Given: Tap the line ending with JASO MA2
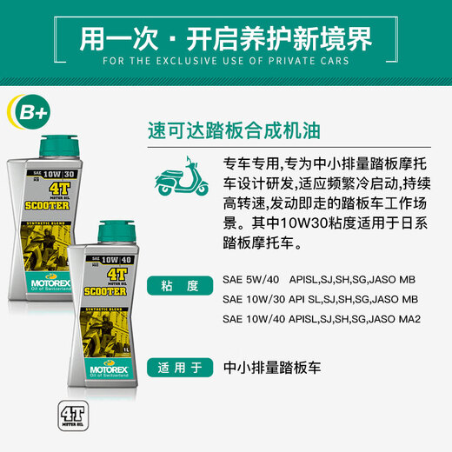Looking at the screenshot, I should coord(322,319).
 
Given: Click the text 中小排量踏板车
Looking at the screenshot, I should coord(271,367).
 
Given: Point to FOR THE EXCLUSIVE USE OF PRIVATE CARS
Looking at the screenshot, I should coord(225,61).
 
